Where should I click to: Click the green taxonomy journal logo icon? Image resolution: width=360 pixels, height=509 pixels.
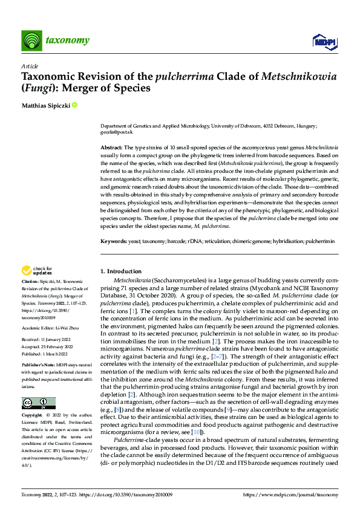[x=31, y=41]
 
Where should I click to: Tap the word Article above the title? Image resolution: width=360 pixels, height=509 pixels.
[x=30, y=66]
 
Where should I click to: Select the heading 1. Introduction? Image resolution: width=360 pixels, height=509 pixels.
[x=121, y=271]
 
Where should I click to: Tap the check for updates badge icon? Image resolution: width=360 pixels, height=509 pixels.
[x=27, y=271]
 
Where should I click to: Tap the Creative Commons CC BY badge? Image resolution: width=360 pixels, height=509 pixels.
[x=38, y=403]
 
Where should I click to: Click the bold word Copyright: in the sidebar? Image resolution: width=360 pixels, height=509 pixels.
[x=32, y=416]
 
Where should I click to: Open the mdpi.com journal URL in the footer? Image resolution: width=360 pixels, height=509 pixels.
[x=299, y=495]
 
